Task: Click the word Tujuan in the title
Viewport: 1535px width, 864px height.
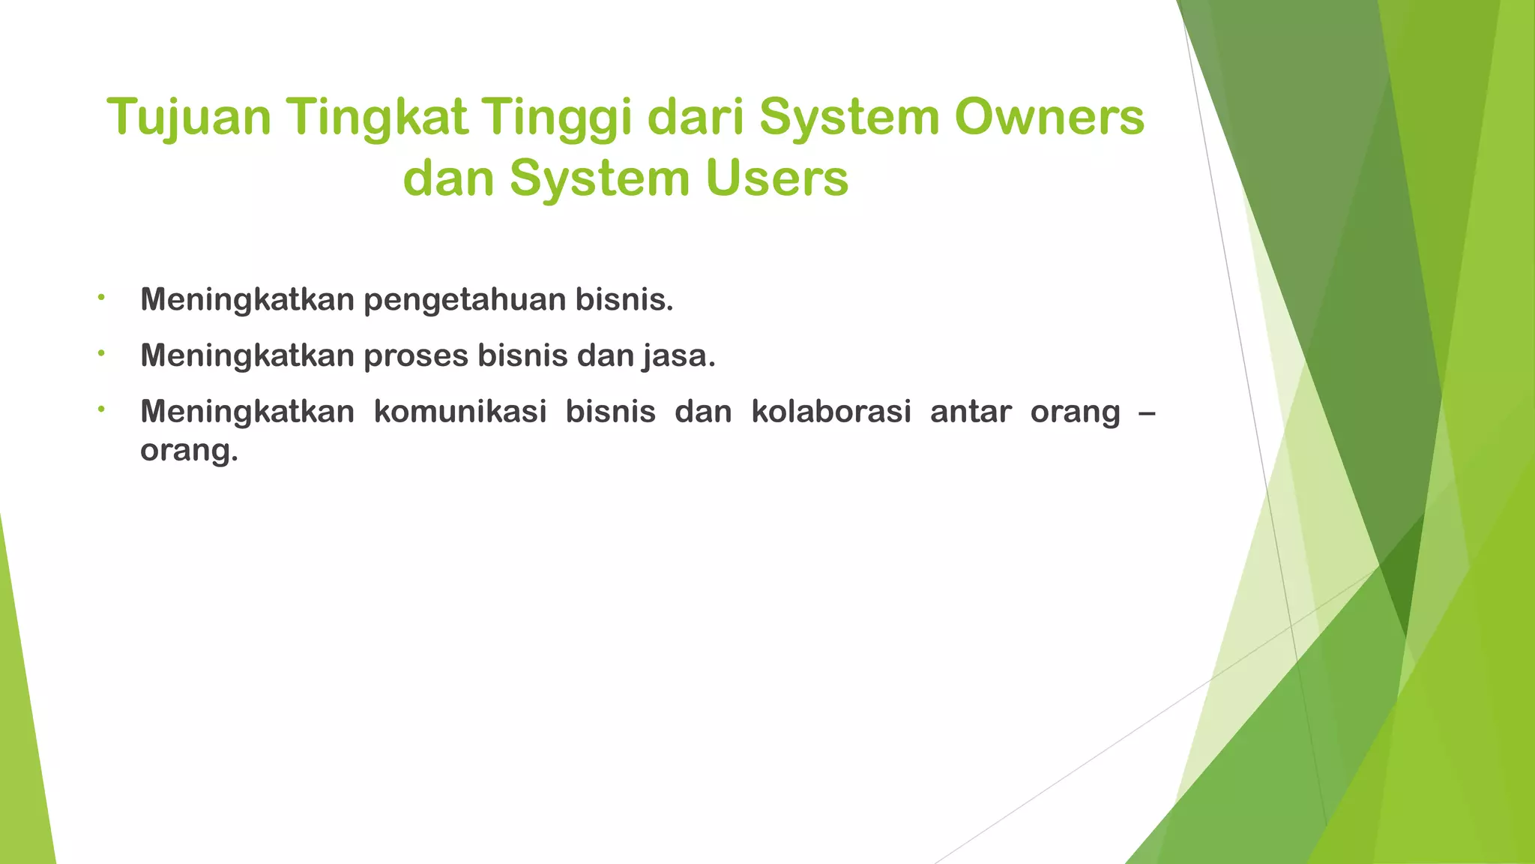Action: point(188,118)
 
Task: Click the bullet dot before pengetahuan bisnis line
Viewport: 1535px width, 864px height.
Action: point(100,298)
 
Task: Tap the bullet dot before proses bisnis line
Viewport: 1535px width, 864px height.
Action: point(100,353)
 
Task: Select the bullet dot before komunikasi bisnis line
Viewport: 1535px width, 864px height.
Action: point(100,409)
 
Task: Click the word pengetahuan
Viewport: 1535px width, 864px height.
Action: point(465,300)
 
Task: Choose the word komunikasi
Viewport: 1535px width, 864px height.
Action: point(459,412)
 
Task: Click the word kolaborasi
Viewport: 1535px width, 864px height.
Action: point(830,412)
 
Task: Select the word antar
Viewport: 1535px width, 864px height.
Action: point(970,412)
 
